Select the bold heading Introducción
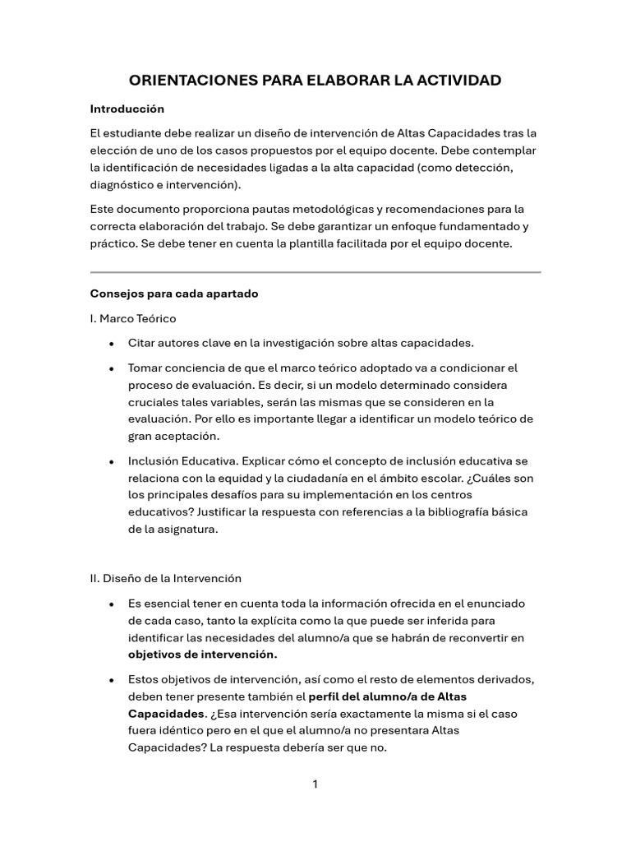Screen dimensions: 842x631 (x=127, y=109)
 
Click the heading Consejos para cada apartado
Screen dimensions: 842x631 (x=173, y=294)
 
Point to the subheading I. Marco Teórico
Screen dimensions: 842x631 (x=132, y=318)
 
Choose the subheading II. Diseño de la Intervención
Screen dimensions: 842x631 (x=165, y=578)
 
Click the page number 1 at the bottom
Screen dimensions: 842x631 (x=315, y=784)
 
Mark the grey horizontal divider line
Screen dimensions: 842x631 (x=315, y=271)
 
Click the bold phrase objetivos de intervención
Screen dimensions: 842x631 (x=203, y=655)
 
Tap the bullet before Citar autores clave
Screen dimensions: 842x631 (x=110, y=343)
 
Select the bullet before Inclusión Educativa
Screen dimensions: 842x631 (x=110, y=462)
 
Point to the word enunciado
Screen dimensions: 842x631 (x=500, y=603)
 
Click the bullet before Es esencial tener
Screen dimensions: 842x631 (x=110, y=604)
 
